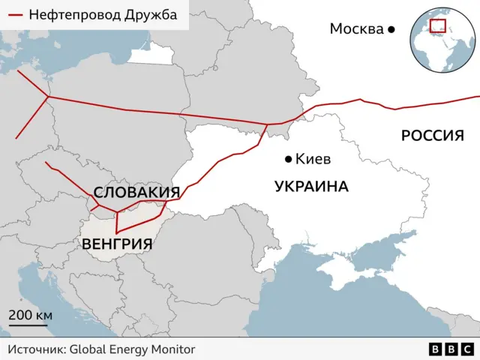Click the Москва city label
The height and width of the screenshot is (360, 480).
[x=356, y=28]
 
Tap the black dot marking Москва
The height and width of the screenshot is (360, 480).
[x=391, y=29]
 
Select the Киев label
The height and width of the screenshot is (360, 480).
[x=313, y=159]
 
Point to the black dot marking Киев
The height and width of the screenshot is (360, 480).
[x=288, y=159]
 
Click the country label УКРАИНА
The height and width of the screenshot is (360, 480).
[x=311, y=187]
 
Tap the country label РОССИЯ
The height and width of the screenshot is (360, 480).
[x=432, y=136]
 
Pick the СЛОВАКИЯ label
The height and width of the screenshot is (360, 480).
[x=136, y=192]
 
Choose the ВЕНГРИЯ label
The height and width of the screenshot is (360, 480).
[x=116, y=244]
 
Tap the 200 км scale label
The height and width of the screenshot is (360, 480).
[x=30, y=315]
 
